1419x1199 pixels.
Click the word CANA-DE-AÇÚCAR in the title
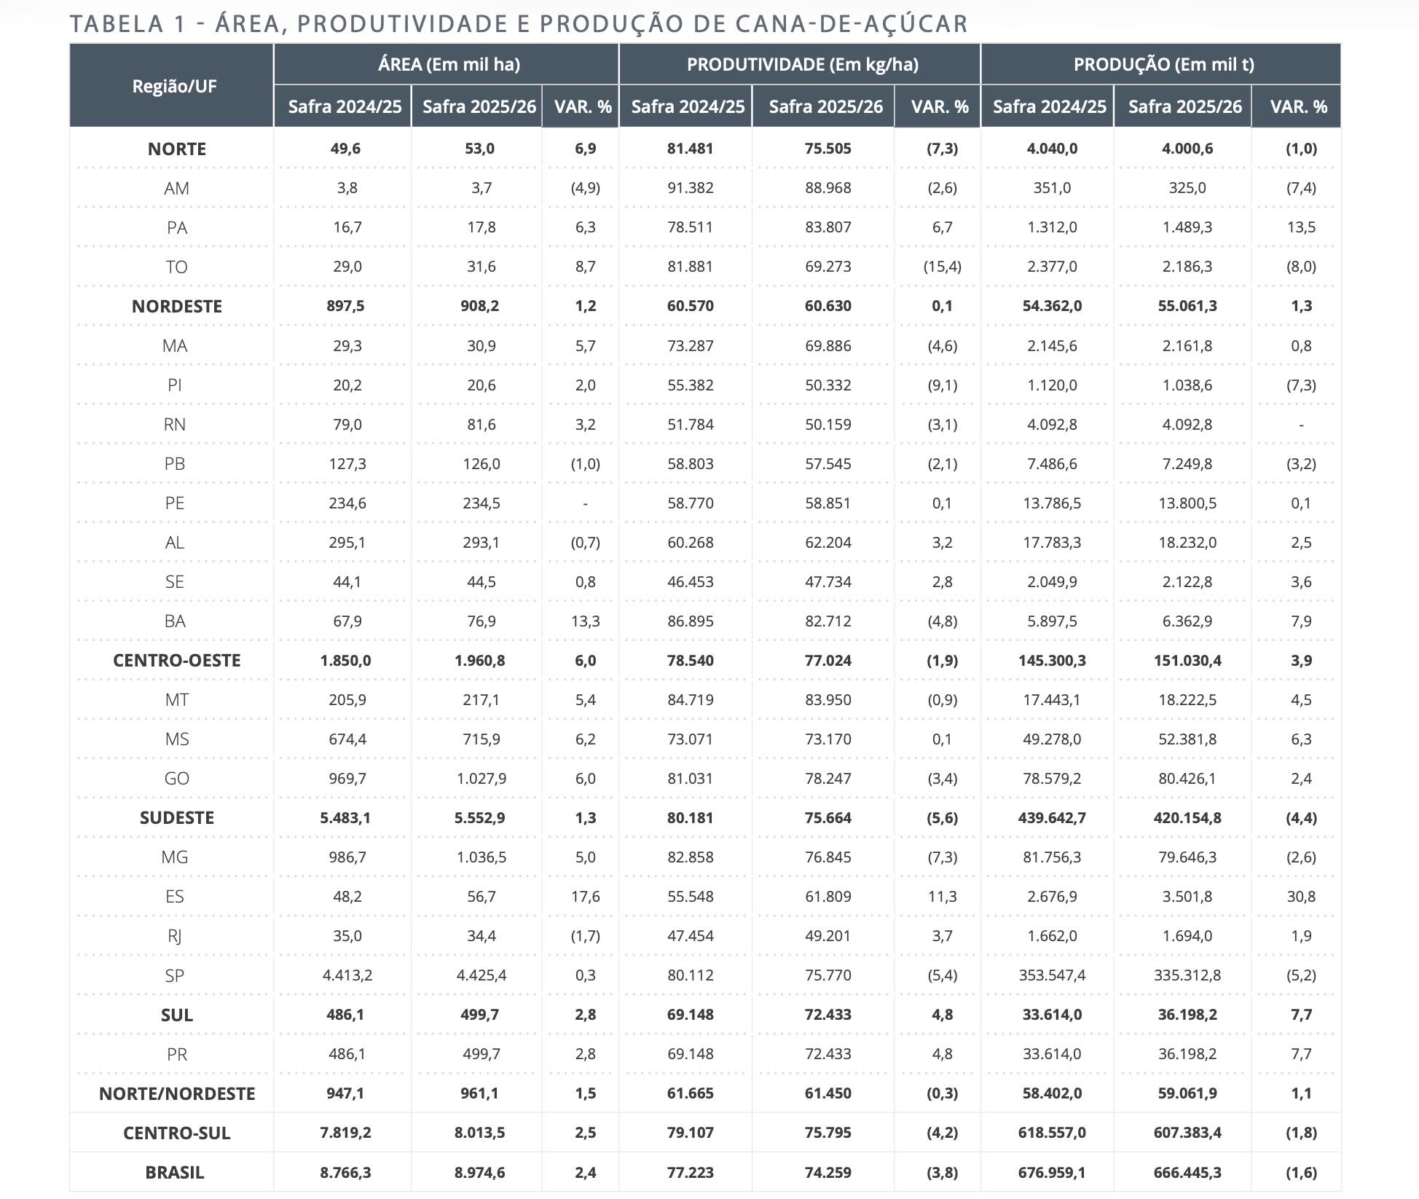point(852,24)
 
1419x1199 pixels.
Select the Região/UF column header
point(174,86)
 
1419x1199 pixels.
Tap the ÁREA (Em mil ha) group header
point(449,65)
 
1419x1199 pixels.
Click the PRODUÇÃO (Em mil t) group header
point(1163,65)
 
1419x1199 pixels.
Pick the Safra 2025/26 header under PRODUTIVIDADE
point(825,107)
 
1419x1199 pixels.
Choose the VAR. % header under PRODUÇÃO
point(1298,107)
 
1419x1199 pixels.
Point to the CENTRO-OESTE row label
point(176,661)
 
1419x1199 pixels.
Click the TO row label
point(176,267)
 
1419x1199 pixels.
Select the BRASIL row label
point(175,1173)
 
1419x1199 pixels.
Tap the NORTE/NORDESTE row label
point(177,1094)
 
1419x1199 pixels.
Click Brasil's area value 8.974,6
point(479,1173)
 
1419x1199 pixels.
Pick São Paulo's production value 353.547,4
point(1052,975)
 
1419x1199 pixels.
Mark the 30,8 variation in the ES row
point(1301,897)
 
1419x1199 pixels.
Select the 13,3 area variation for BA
point(585,621)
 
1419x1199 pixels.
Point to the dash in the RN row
point(1301,425)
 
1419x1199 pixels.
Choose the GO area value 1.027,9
point(481,779)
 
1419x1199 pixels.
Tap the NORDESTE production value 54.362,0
point(1052,306)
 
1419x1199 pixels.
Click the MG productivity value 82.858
point(690,857)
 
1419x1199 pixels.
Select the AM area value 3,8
point(347,188)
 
